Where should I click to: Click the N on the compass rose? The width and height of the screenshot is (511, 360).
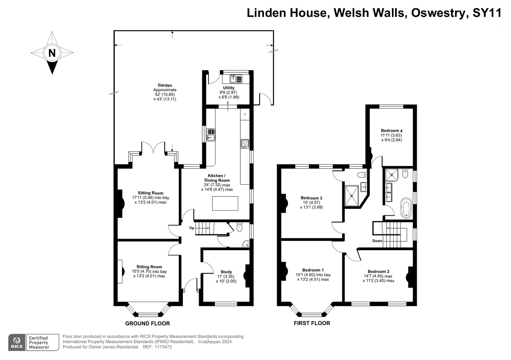(52, 53)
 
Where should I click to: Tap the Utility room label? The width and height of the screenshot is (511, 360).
(229, 88)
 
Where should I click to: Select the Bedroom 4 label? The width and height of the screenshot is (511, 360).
(392, 131)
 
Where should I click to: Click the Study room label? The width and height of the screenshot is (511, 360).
(226, 272)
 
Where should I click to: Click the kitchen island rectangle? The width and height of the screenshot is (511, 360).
(225, 203)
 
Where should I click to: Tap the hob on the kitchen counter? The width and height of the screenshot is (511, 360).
(245, 144)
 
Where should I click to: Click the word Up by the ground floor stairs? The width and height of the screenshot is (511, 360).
(191, 228)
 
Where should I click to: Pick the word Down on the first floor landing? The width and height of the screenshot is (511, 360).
(377, 240)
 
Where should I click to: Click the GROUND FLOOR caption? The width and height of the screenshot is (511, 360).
(148, 324)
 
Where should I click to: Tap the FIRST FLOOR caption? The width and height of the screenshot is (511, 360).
(312, 323)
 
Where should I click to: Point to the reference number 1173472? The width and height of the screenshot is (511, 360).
(163, 347)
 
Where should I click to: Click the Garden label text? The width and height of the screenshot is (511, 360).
(165, 85)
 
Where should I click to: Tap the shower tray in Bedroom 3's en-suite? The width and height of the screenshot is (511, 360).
(352, 195)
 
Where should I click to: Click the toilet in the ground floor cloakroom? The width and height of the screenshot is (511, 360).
(239, 227)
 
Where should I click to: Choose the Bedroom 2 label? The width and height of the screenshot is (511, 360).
(379, 271)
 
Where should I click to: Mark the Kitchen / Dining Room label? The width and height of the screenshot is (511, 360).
(217, 178)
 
